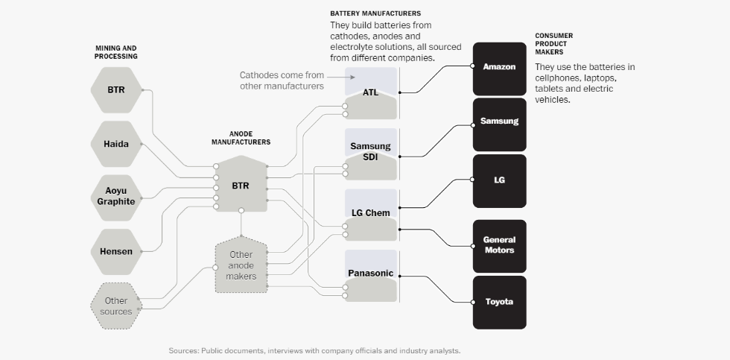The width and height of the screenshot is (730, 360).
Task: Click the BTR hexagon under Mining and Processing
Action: [x=115, y=90]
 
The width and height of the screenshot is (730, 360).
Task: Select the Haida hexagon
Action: [x=115, y=144]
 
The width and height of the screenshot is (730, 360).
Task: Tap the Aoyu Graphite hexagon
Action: [x=115, y=197]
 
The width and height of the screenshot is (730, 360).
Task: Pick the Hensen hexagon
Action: [x=115, y=251]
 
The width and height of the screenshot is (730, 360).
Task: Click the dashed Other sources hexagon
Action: [x=115, y=306]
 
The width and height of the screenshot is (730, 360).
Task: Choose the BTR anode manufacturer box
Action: [x=241, y=185]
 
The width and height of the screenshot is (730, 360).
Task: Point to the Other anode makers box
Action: [x=241, y=265]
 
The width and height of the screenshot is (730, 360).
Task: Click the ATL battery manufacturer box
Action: [x=371, y=93]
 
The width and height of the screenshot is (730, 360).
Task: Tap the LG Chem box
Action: [x=371, y=215]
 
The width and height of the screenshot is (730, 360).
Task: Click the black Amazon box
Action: [x=499, y=68]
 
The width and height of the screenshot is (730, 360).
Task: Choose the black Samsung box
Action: [x=499, y=122]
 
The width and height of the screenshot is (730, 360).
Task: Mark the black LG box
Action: [x=499, y=180]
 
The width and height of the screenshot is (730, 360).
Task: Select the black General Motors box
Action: [x=499, y=245]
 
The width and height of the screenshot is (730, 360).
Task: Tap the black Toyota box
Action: [x=499, y=302]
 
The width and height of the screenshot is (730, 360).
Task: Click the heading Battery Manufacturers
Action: [x=375, y=13]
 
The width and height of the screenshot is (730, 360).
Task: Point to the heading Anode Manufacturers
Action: [x=241, y=137]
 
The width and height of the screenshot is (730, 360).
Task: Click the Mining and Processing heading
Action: [x=116, y=52]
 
